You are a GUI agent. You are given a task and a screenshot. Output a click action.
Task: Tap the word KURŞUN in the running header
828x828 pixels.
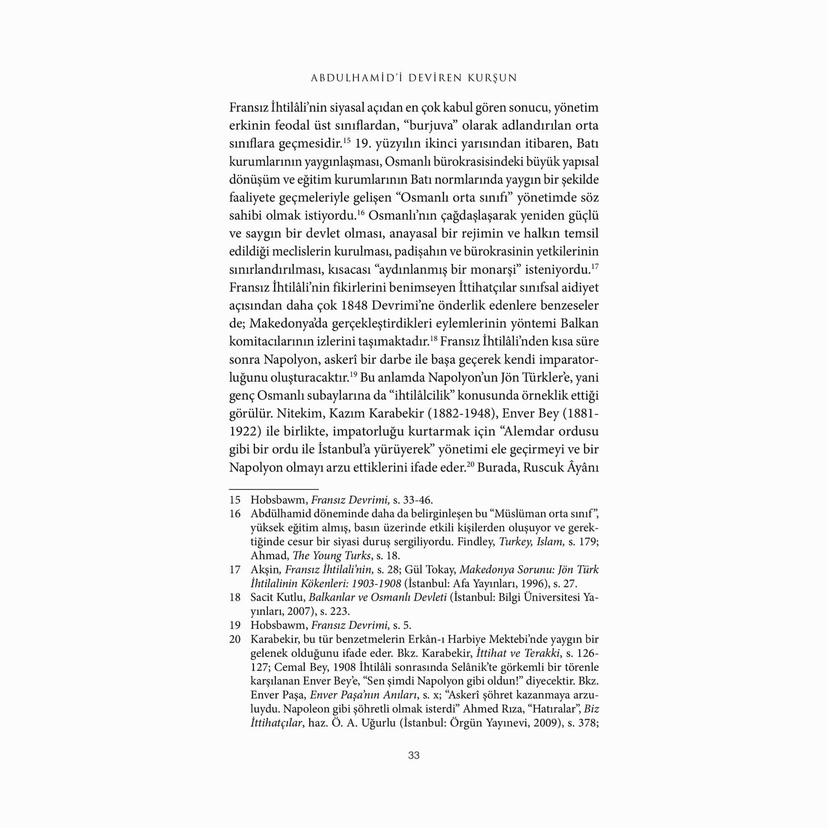tap(494, 78)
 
